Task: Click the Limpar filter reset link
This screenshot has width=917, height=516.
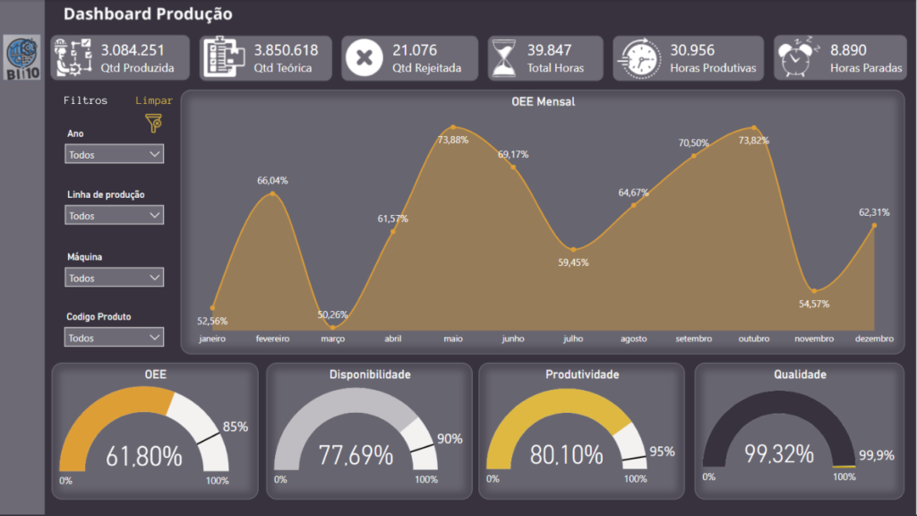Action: coord(153,101)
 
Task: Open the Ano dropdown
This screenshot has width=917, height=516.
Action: coord(115,154)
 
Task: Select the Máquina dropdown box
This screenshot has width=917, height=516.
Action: coord(115,278)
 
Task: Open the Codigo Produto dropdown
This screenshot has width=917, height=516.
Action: coord(115,338)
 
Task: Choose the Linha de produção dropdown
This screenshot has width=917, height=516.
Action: coord(115,215)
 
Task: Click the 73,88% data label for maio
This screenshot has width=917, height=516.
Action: coord(453,140)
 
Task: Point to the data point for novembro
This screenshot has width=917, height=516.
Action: coord(813,290)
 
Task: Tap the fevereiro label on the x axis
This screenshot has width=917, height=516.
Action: coord(272,340)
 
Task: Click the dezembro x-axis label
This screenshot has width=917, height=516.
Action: coord(874,340)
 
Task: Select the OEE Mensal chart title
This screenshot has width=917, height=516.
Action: coord(543,102)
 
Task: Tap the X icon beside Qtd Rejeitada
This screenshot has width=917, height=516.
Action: coord(364,58)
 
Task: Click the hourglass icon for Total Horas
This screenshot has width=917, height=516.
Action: coord(503,58)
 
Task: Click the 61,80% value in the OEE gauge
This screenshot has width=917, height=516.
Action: coord(143,456)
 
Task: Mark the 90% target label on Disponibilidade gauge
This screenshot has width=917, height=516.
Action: coord(450,439)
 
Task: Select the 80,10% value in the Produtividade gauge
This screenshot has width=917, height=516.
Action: coord(566,455)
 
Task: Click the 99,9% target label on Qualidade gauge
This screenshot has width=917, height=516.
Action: coord(876,456)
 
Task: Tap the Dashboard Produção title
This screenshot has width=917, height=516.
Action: coord(148,14)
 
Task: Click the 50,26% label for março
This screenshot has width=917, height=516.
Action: coord(334,314)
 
